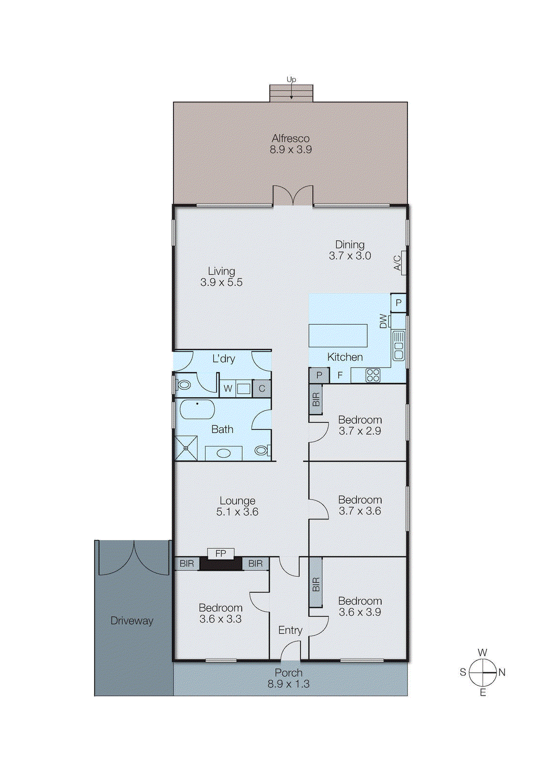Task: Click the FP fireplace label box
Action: pos(220,553)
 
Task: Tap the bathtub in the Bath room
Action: pos(197,409)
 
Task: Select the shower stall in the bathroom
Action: pos(186,448)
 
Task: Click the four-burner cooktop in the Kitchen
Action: pos(373,375)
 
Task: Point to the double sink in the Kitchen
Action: pos(398,345)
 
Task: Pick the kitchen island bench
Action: pos(338,336)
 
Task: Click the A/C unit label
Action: pos(397,263)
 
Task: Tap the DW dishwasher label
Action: pos(383,321)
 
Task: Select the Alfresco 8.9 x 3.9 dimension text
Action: pos(291,150)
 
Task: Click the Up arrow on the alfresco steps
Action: pos(291,92)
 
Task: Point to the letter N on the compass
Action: pos(502,672)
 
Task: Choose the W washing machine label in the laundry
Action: pos(228,388)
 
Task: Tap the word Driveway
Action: pos(132,620)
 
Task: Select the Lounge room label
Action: pos(237,501)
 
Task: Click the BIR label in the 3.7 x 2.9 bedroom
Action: pos(316,400)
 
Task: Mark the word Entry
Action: pos(290,630)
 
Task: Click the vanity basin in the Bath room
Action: pos(223,453)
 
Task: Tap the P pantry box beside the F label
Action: pos(319,375)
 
